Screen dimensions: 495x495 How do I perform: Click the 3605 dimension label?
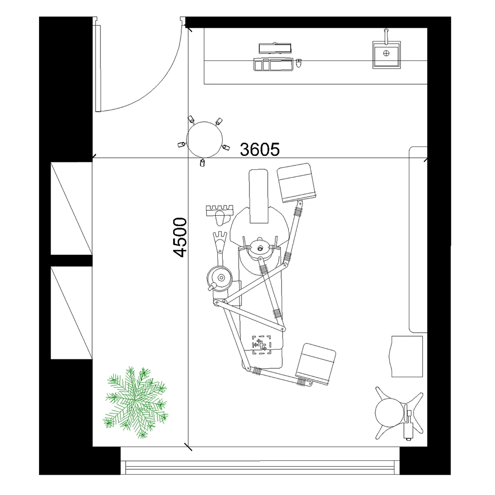tap(260, 148)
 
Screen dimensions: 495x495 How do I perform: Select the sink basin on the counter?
tap(386, 55)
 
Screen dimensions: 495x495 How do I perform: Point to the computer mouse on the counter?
tap(299, 63)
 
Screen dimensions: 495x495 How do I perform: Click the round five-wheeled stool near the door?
tap(204, 139)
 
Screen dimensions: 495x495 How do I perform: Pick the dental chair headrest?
tap(259, 196)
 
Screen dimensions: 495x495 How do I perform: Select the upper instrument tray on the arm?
tap(297, 183)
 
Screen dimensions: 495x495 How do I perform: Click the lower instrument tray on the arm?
tap(316, 364)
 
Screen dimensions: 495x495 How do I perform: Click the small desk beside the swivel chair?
tap(407, 356)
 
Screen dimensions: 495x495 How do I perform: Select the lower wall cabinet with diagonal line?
tap(71, 312)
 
